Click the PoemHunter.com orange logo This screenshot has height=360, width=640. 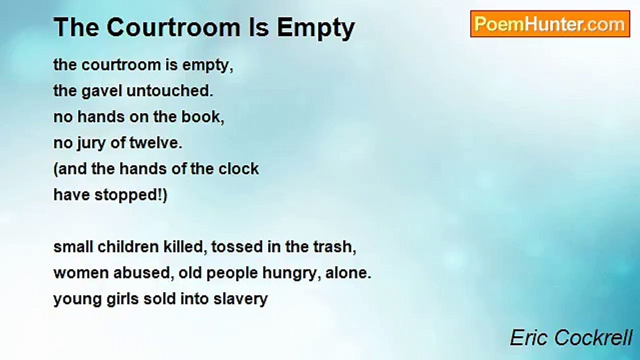[x=550, y=24]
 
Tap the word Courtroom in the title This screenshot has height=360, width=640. [x=173, y=27]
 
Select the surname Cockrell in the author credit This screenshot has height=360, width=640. [x=593, y=337]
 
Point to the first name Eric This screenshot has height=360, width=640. [x=530, y=337]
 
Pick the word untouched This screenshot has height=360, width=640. [x=169, y=91]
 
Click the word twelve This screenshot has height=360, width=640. [x=156, y=143]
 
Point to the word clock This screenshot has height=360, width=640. [x=238, y=169]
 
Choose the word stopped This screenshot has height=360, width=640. [x=128, y=195]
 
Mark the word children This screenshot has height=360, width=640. [x=128, y=247]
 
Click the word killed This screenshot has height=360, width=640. [x=185, y=247]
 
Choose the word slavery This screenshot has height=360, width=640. [x=240, y=299]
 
